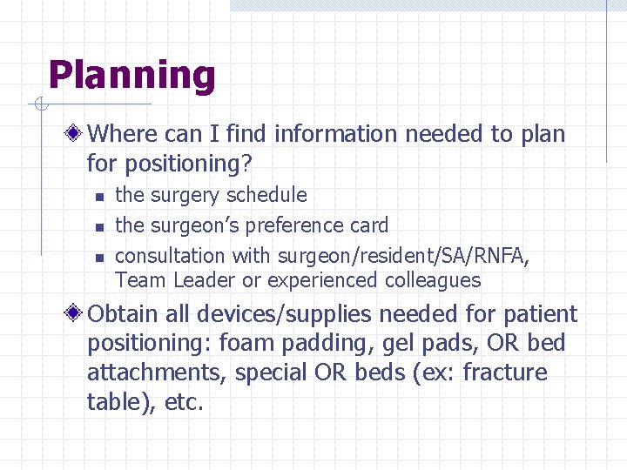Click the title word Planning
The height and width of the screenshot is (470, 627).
click(131, 77)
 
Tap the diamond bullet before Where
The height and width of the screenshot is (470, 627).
click(77, 134)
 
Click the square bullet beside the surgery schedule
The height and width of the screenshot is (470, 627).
click(99, 197)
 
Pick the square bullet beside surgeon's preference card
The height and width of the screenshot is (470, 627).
click(99, 227)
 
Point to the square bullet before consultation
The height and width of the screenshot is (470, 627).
click(99, 258)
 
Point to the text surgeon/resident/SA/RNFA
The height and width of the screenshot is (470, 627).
click(403, 257)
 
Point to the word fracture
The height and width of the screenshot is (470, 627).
click(505, 373)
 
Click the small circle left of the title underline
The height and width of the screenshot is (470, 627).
click(40, 105)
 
